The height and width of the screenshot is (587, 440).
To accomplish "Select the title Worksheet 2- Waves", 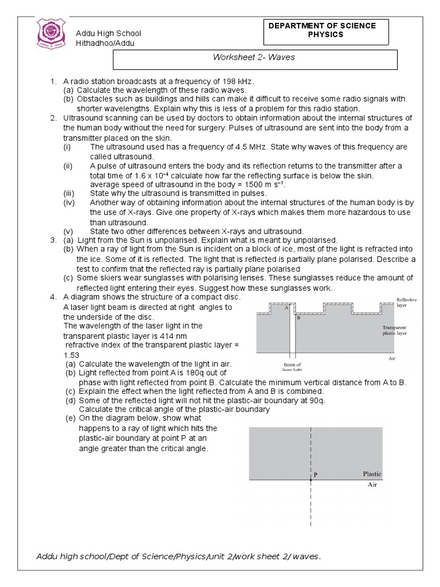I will [253, 58].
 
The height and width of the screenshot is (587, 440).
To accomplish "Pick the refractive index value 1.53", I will [72, 355].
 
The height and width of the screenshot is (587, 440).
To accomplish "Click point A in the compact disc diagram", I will [286, 307].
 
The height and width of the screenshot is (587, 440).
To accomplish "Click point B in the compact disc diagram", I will [298, 317].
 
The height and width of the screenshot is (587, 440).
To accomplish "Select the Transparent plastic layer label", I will [395, 330].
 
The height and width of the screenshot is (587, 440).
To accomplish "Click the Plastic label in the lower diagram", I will [372, 474].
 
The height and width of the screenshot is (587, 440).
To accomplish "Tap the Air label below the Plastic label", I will [372, 485].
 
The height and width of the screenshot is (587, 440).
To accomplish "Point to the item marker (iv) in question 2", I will [69, 203].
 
